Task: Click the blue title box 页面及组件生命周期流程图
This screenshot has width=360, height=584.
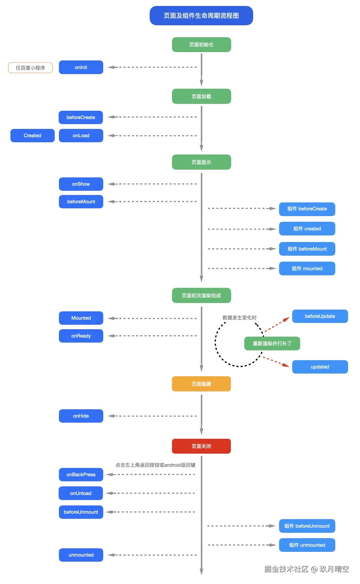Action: [x=201, y=15]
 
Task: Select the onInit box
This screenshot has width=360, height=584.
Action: [x=81, y=67]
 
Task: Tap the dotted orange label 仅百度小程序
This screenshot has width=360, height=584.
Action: [x=30, y=68]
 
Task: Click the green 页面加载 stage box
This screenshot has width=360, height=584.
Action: [x=201, y=96]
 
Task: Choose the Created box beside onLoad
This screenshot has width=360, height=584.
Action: [x=32, y=135]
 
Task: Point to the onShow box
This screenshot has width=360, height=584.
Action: [x=81, y=184]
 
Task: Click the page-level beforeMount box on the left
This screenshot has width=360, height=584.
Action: [x=81, y=202]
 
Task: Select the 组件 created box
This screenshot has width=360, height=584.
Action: [x=307, y=229]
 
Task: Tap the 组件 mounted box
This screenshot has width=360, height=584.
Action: [x=307, y=268]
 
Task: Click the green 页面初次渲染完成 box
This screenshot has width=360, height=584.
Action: [x=201, y=295]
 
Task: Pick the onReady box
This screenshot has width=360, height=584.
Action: [x=81, y=336]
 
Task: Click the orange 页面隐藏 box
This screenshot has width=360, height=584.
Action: [x=201, y=384]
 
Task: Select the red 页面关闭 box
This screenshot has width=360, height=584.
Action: [x=201, y=446]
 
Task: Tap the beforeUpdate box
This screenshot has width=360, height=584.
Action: [x=320, y=316]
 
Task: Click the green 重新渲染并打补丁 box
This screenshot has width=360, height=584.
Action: [x=272, y=343]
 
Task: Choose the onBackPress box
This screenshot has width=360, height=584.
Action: [x=81, y=474]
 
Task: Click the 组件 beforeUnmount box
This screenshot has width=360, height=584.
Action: [x=307, y=526]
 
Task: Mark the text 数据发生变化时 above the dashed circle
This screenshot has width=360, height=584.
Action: [x=240, y=318]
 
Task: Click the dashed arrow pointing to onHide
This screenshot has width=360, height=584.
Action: [x=152, y=416]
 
